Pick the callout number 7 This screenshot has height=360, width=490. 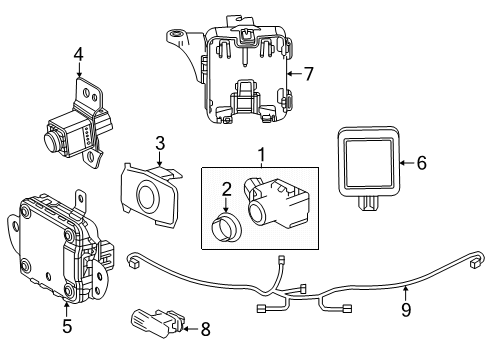click(309, 72)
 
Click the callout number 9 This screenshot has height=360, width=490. click(404, 321)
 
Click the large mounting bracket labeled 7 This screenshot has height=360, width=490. click(240, 75)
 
